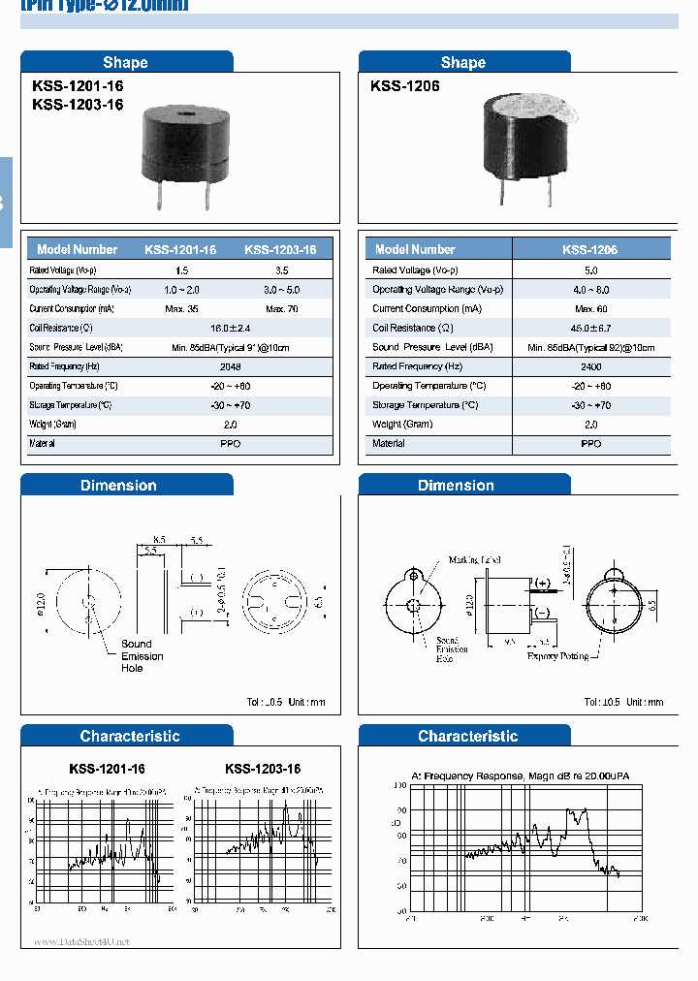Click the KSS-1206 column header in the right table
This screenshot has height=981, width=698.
(x=589, y=249)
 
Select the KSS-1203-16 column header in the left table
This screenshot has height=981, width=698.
(x=280, y=249)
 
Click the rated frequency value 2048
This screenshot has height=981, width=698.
(x=231, y=367)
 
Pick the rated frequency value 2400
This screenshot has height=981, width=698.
(x=590, y=367)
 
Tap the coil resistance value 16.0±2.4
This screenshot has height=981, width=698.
(x=231, y=329)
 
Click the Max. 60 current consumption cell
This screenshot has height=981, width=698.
(x=590, y=309)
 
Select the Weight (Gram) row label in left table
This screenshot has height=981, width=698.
(x=52, y=425)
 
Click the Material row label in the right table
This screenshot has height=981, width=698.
(x=389, y=444)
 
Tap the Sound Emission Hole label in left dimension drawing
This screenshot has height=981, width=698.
(x=142, y=656)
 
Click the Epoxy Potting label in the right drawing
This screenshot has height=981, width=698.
(x=557, y=656)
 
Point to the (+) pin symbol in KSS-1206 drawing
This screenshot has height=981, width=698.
(x=541, y=583)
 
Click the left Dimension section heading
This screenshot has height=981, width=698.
(x=118, y=486)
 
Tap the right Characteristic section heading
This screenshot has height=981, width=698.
(x=467, y=737)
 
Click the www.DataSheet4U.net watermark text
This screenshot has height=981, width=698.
(x=81, y=941)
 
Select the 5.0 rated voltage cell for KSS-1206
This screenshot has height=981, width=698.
(x=590, y=270)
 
